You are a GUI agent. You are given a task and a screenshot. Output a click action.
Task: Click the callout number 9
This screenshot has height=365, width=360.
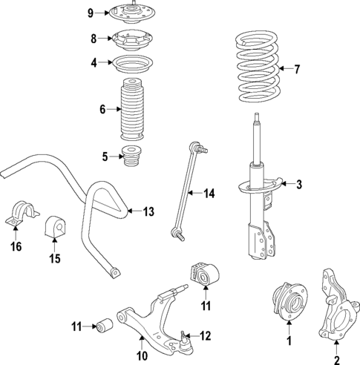click(91, 13)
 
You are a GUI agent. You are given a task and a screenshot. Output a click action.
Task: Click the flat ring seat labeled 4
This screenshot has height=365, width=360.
click(132, 63)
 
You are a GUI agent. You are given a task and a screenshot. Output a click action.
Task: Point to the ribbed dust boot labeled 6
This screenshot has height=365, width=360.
click(132, 109)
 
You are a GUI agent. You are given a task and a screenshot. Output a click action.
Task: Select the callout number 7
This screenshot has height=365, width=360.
click(297, 70)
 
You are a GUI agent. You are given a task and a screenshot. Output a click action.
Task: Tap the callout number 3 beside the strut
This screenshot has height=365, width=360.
click(299, 185)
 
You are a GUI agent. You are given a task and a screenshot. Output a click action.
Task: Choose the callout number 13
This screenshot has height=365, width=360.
click(148, 212)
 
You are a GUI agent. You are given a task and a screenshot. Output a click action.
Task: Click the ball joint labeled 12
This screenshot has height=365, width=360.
click(184, 342)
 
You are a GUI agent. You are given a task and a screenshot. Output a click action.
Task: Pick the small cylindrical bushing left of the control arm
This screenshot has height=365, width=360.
click(105, 326)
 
